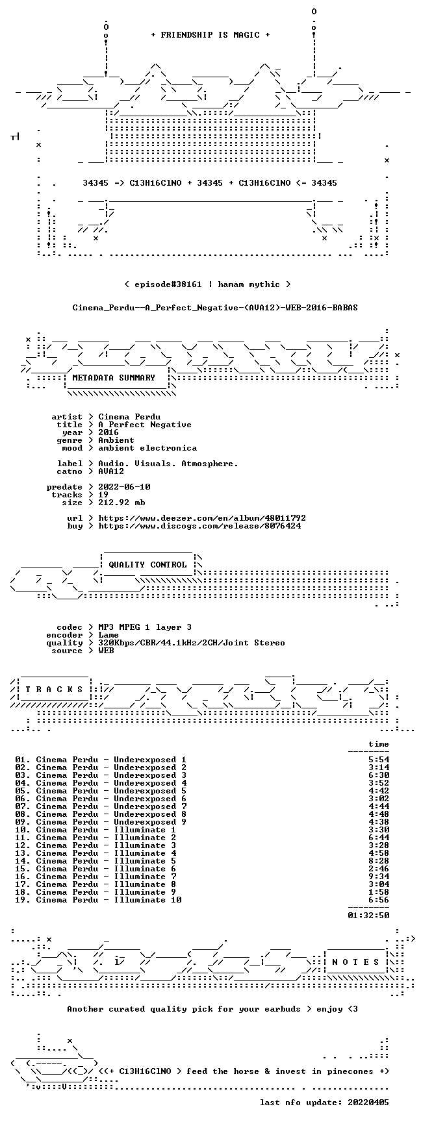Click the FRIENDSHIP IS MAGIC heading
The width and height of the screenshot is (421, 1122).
pos(210,35)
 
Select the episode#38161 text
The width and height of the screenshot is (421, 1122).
pos(168,284)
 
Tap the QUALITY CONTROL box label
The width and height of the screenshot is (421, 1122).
pos(147,565)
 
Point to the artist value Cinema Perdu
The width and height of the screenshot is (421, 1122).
pos(129,417)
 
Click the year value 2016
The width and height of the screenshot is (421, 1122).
pos(108,432)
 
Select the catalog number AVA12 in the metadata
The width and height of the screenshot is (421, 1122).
pos(111,471)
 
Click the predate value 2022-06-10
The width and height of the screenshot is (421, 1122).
pos(124,487)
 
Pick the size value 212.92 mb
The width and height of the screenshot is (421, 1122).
pos(121,503)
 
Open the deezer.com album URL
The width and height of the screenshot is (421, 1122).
pos(202,518)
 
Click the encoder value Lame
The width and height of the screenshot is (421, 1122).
pos(108,635)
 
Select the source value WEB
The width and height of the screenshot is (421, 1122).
pos(106,651)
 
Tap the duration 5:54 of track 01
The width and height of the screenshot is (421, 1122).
pos(379,760)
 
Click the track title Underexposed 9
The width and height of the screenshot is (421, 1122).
pos(150,822)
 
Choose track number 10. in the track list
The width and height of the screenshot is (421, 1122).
pos(23,830)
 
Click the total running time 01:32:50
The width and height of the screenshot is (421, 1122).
pos(368,916)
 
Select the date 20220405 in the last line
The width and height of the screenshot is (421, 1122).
pos(368,1103)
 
